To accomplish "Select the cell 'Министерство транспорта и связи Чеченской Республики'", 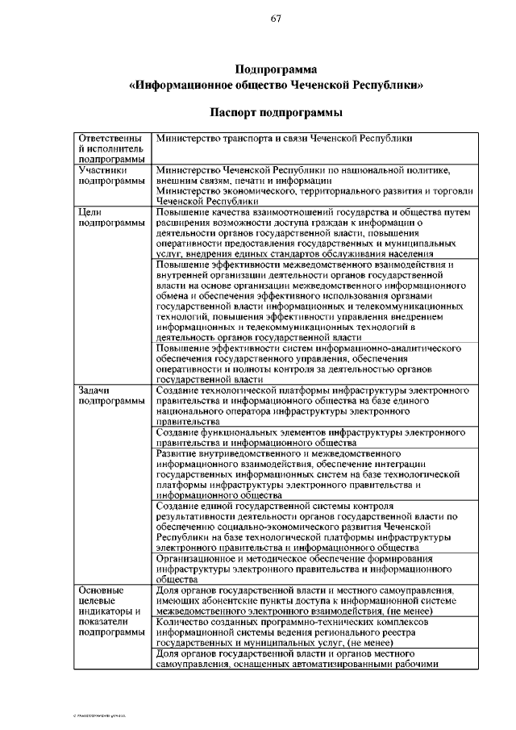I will click(284, 138).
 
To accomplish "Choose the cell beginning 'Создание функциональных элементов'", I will click(310, 437).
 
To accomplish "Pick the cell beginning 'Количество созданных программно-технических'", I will click(310, 632).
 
